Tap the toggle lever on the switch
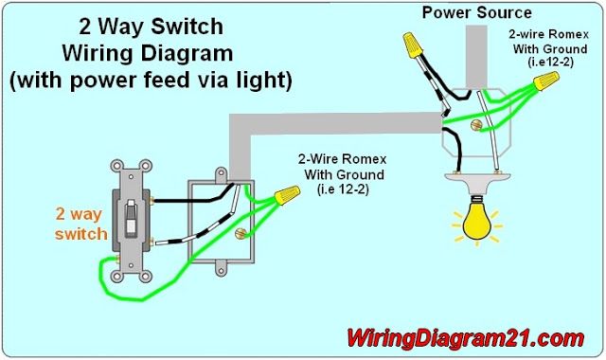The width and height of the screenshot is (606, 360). click(x=131, y=218)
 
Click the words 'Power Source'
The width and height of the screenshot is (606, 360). click(x=476, y=12)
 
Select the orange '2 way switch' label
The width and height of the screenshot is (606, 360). click(x=80, y=224)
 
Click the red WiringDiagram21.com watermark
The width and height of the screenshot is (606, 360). click(x=465, y=339)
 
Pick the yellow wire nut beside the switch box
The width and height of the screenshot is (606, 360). click(x=287, y=195)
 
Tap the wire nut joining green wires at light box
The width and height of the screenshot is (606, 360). click(x=546, y=81)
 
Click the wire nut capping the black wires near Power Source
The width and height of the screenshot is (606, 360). click(x=413, y=45)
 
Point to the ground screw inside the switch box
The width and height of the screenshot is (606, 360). click(x=240, y=233)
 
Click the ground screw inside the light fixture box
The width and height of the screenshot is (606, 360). click(x=476, y=125)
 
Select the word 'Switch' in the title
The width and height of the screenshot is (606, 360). click(x=187, y=27)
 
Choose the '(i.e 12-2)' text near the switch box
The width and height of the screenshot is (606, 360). click(x=343, y=189)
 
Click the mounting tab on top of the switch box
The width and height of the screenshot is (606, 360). click(x=221, y=174)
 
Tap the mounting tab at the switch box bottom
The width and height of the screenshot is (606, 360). click(x=221, y=269)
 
